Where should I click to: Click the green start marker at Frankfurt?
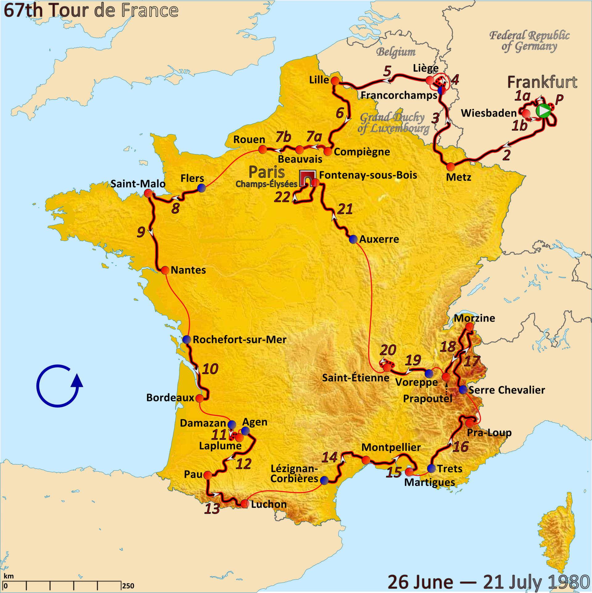pyautogui.click(x=544, y=111)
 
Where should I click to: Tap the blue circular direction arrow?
pyautogui.click(x=59, y=386)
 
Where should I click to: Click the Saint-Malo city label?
pyautogui.click(x=138, y=184)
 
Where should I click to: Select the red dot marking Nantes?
pyautogui.click(x=165, y=270)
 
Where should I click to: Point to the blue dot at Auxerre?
pyautogui.click(x=353, y=239)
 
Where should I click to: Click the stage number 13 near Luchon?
pyautogui.click(x=212, y=509)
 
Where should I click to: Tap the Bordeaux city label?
pyautogui.click(x=170, y=398)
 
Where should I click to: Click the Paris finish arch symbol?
pyautogui.click(x=307, y=178)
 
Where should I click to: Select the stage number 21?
pyautogui.click(x=345, y=209)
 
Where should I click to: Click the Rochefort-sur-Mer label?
pyautogui.click(x=240, y=340)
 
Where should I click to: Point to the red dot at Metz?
pyautogui.click(x=450, y=167)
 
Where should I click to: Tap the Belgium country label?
pyautogui.click(x=396, y=52)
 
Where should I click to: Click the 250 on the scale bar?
pyautogui.click(x=128, y=586)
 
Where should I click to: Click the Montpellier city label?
pyautogui.click(x=391, y=447)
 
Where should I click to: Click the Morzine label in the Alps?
pyautogui.click(x=474, y=318)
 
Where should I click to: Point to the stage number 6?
pyautogui.click(x=340, y=113)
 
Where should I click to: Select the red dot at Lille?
pyautogui.click(x=335, y=81)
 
